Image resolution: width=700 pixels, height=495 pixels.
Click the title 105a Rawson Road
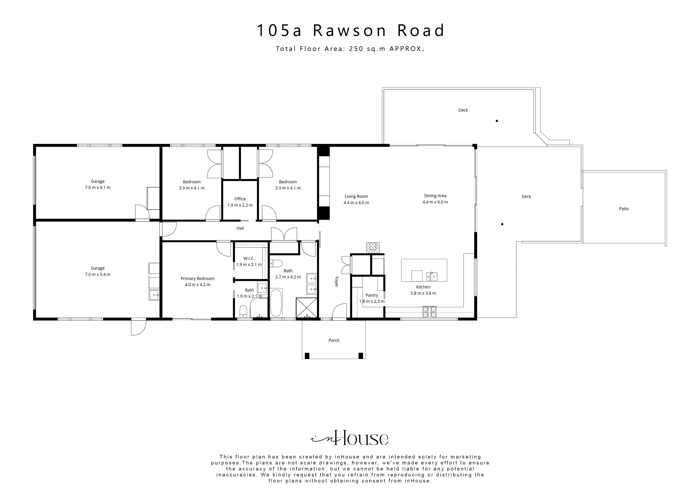click(x=351, y=31)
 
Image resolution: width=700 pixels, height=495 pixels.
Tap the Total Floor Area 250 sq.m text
click(x=350, y=49)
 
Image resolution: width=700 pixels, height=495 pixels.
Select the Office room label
click(x=240, y=199)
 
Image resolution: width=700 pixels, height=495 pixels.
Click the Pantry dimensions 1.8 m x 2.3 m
click(x=372, y=301)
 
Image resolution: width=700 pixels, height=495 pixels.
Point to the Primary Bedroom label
click(x=198, y=278)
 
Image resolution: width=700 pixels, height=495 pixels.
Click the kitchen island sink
click(x=432, y=276)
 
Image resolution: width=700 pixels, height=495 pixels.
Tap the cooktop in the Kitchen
click(x=430, y=312)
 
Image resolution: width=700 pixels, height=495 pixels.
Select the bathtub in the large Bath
click(x=276, y=303)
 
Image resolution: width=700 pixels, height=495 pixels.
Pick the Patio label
click(x=624, y=209)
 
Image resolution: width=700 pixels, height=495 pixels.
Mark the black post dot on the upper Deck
click(x=497, y=121)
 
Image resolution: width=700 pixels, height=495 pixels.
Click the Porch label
click(x=334, y=340)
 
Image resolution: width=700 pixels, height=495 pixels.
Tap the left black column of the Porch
click(x=307, y=356)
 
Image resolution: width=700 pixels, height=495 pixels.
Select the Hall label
click(x=240, y=228)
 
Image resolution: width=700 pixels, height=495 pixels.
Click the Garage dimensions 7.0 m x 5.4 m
click(x=98, y=274)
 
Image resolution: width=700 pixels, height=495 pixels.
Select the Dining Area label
click(x=435, y=196)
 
